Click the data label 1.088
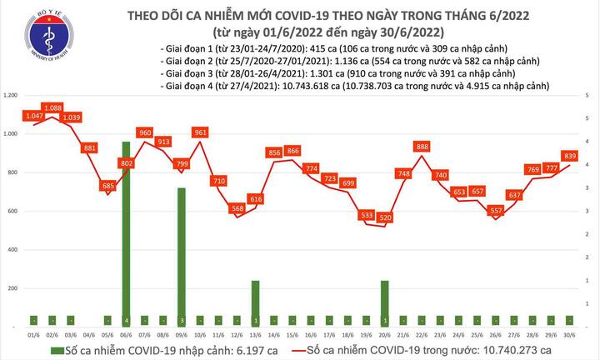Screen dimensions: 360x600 [53, 107]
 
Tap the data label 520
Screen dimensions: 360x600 [384, 217]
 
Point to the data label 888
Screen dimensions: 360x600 [422, 147]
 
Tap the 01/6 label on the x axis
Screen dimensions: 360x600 [34, 333]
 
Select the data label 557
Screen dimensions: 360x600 [496, 212]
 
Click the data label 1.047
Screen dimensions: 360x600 [34, 117]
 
